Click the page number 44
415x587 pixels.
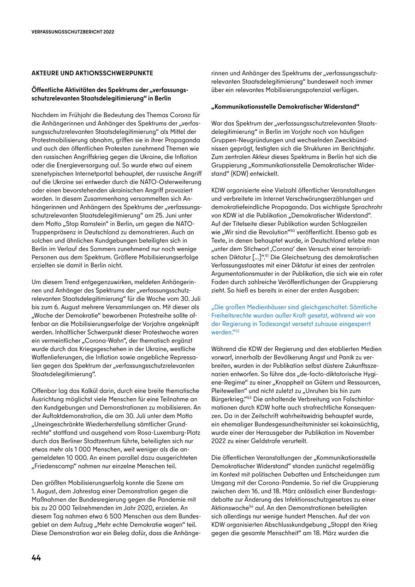click(x=36, y=557)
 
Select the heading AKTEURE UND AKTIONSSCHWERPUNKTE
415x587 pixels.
click(x=92, y=73)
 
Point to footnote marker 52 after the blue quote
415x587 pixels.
click(x=237, y=330)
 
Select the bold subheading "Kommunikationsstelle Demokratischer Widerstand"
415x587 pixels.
click(x=285, y=107)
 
